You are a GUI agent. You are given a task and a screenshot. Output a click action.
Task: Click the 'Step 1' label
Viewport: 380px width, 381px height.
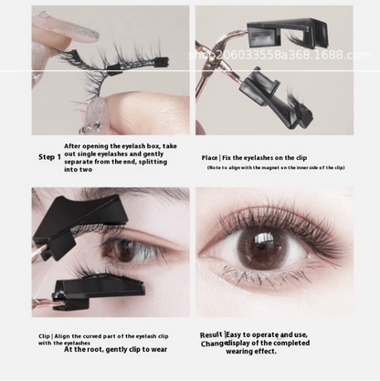click(x=49, y=157)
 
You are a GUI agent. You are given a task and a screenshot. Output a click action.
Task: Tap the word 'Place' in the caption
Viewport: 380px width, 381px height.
click(x=210, y=157)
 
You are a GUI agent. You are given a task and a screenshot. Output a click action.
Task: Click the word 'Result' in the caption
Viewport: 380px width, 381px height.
click(x=211, y=335)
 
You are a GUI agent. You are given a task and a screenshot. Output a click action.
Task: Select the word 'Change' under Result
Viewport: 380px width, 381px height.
click(x=212, y=344)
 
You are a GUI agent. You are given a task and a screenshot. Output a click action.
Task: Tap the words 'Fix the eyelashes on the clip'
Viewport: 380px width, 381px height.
click(x=270, y=157)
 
